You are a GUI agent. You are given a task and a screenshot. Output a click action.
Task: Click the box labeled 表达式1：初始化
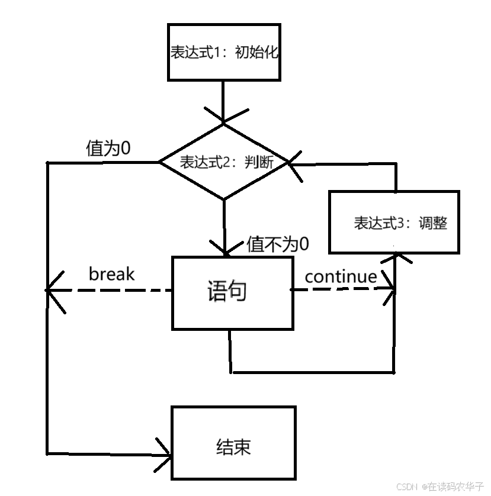223,52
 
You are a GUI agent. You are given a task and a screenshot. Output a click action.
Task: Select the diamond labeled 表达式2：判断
224,162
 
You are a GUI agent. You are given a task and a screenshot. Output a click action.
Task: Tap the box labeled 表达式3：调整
394,223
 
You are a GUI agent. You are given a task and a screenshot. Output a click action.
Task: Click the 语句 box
232,292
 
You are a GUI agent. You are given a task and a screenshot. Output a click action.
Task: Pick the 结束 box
233,442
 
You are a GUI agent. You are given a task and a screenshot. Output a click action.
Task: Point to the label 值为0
108,149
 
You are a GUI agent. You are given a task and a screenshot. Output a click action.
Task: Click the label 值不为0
278,244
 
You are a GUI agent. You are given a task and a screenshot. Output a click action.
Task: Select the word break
111,274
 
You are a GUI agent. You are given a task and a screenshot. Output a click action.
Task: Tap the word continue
341,276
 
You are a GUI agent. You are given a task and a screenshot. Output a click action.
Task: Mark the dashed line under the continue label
341,289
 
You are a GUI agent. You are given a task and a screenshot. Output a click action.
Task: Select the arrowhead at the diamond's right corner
294,163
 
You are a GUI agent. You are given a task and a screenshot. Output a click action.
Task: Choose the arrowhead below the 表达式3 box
394,258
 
